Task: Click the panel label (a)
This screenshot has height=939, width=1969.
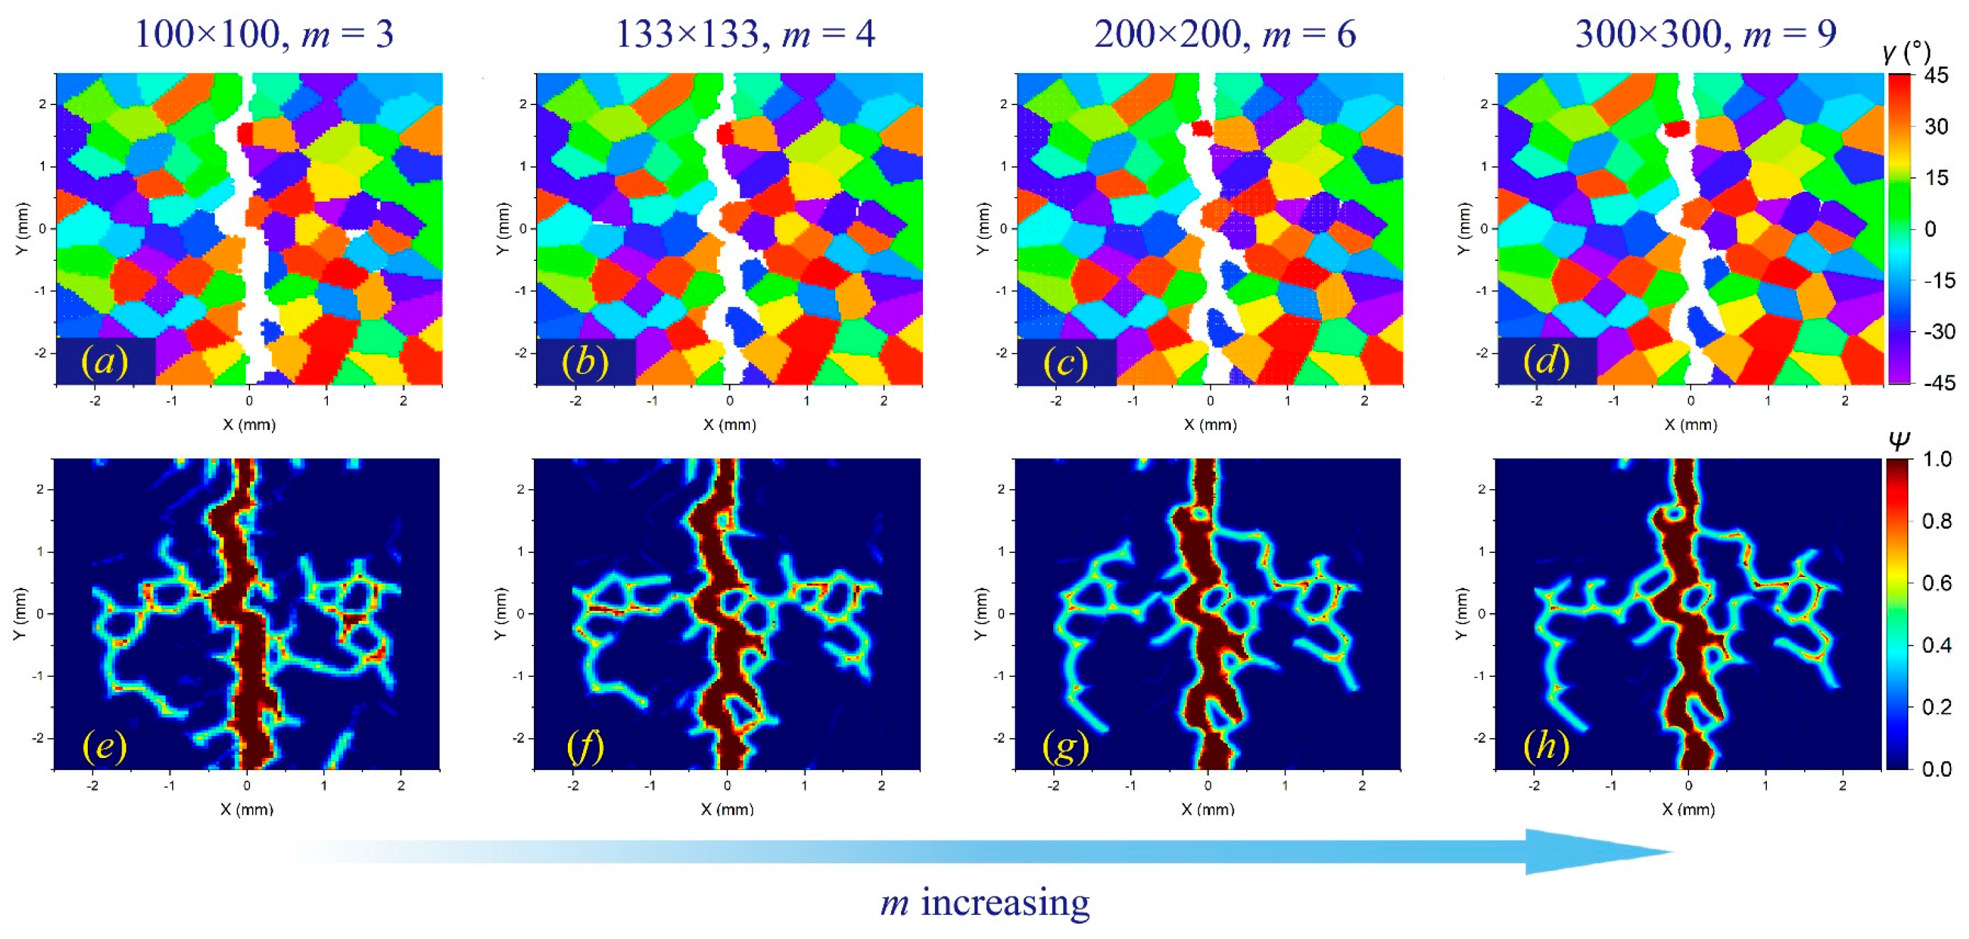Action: coord(106,361)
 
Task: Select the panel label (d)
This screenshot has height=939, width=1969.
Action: coord(1546,361)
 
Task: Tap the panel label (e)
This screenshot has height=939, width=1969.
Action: coord(104,745)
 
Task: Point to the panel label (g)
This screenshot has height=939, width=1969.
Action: coord(1065,745)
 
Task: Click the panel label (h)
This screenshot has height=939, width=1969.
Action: coord(1546,745)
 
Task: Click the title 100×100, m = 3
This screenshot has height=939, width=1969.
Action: coord(264,35)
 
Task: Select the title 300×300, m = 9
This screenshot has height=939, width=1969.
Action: coord(1705,35)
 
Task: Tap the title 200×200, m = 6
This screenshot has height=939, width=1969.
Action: coord(1224,35)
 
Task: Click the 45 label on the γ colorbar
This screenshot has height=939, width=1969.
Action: coord(1936,76)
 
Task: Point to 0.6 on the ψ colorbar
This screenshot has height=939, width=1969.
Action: coord(1936,584)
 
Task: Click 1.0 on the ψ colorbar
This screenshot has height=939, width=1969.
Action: coord(1936,460)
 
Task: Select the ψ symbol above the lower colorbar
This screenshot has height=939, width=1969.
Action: coord(1899,439)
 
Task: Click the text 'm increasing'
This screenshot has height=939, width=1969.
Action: coord(984,903)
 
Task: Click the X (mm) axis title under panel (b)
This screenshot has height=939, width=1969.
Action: coord(729,425)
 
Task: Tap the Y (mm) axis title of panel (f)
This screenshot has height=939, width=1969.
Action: coord(501,614)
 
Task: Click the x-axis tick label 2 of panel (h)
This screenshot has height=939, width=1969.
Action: coord(1842,785)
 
